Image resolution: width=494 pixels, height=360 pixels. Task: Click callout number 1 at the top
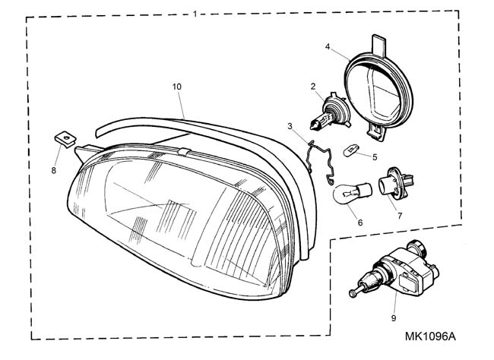click(195, 14)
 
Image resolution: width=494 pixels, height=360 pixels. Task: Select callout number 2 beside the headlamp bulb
click(312, 87)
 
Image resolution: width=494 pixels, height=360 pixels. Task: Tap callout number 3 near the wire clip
click(290, 125)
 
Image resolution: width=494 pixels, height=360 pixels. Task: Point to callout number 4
click(328, 46)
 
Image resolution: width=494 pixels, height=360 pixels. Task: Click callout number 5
click(374, 157)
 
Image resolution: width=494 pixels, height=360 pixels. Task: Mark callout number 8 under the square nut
click(53, 171)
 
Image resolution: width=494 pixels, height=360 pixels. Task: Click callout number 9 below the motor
click(394, 318)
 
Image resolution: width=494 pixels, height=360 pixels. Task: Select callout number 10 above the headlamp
click(176, 87)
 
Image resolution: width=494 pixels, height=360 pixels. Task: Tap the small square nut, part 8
click(67, 138)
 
